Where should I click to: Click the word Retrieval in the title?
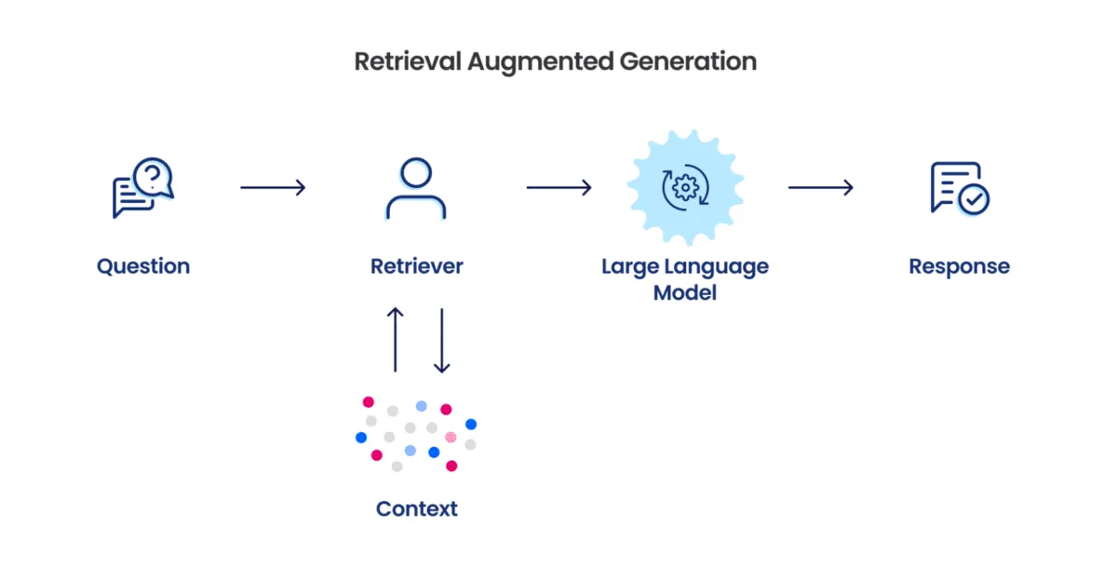pos(407,61)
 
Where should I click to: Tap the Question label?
pos(143,266)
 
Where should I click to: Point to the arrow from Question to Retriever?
pos(273,188)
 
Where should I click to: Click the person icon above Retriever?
pos(416,188)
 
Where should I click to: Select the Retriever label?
pos(416,266)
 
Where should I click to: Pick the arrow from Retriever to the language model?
pos(558,188)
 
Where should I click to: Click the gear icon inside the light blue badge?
pos(685,188)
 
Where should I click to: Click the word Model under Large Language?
pos(685,292)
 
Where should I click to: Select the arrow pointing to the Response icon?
pos(821,188)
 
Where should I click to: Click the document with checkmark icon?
pos(959,188)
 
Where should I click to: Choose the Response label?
pos(959,266)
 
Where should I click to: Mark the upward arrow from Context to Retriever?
pos(396,340)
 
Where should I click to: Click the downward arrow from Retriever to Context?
pos(442,340)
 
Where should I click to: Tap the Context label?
pos(416,509)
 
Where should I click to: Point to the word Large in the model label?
pos(630,266)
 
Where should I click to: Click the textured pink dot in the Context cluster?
pos(451,437)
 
